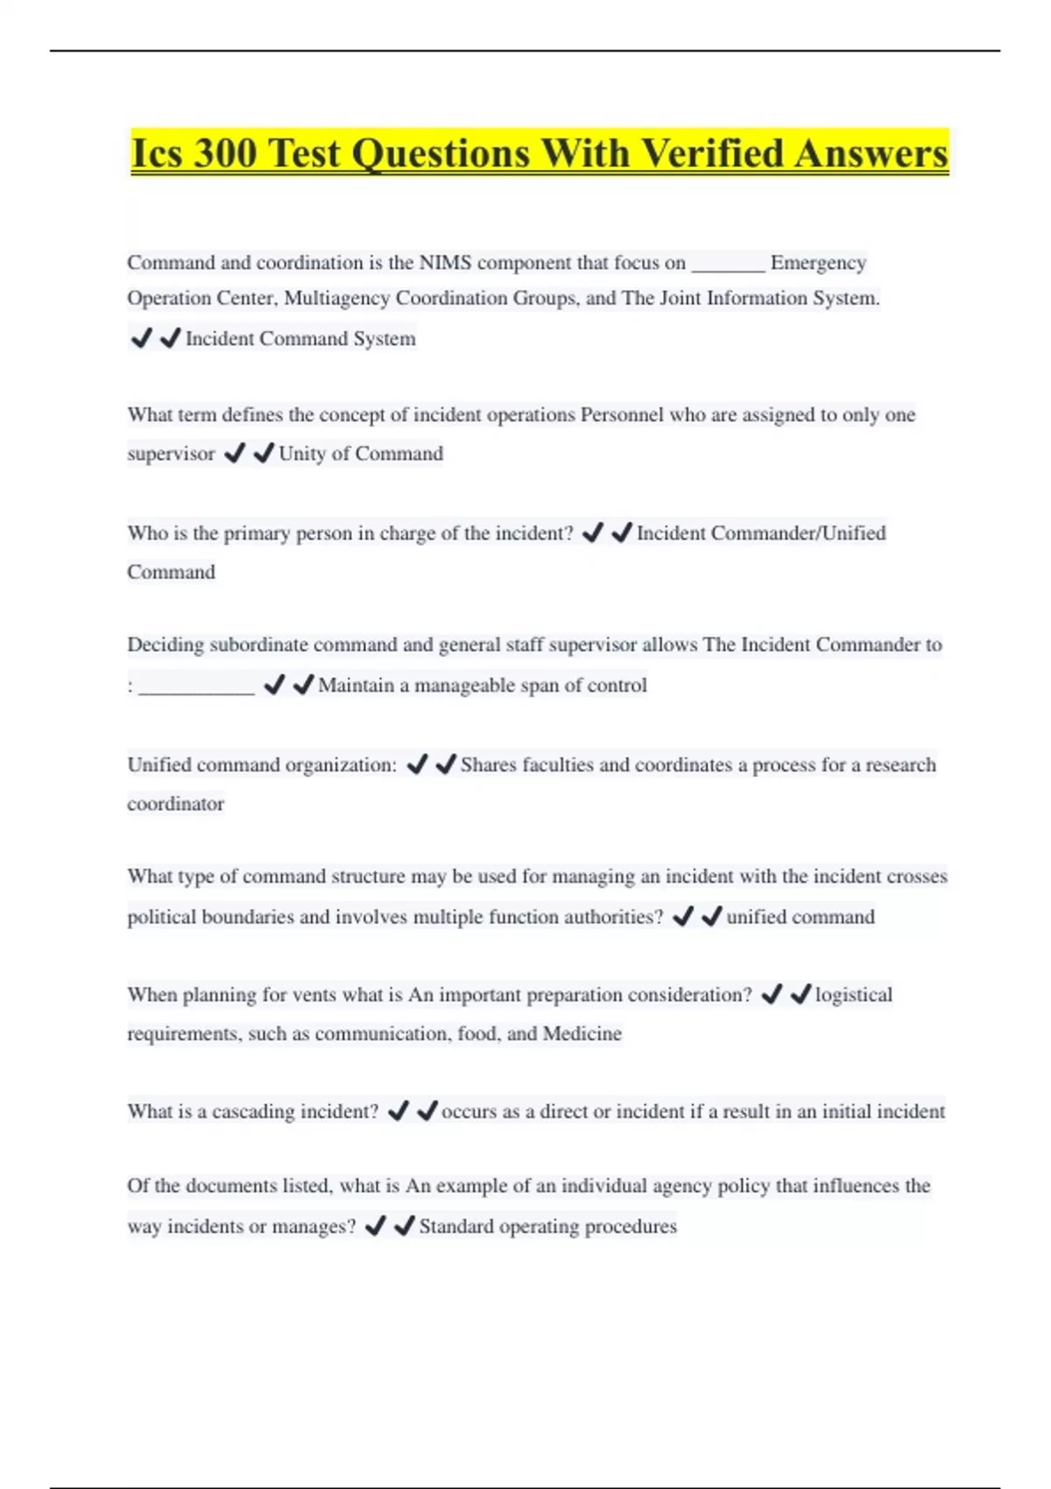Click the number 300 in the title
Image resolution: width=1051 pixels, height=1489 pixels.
pyautogui.click(x=225, y=153)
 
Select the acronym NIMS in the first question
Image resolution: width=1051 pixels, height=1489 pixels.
pyautogui.click(x=445, y=263)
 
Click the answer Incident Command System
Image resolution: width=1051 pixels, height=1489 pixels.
pyautogui.click(x=300, y=339)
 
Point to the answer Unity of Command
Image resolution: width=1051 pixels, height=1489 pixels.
pyautogui.click(x=361, y=454)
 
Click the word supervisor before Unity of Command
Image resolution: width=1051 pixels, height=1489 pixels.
pyautogui.click(x=171, y=454)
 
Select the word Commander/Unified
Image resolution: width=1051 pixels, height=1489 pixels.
pyautogui.click(x=798, y=533)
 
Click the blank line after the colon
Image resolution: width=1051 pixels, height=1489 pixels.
pyautogui.click(x=197, y=686)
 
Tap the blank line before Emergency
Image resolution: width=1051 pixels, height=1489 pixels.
pyautogui.click(x=728, y=263)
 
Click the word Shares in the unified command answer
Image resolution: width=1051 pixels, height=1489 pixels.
pyautogui.click(x=488, y=766)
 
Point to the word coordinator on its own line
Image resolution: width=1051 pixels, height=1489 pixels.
pyautogui.click(x=175, y=804)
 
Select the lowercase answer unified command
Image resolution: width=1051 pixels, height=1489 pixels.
pyautogui.click(x=800, y=917)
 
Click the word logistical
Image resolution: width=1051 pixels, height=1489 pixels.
pyautogui.click(x=854, y=995)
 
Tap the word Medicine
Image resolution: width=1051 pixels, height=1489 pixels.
pyautogui.click(x=582, y=1034)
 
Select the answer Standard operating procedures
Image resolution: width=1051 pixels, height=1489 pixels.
pyautogui.click(x=547, y=1226)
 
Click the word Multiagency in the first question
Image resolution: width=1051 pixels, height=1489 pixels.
pyautogui.click(x=337, y=299)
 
